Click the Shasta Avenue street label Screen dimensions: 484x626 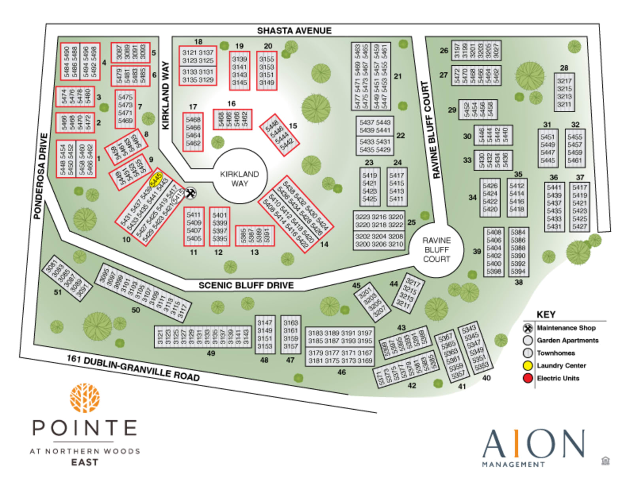coord(294,30)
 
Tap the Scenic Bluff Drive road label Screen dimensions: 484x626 coord(246,285)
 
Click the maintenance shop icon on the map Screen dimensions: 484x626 coord(190,193)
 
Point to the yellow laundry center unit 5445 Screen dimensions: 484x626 coord(156,180)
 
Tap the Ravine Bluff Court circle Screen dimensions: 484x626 coord(436,250)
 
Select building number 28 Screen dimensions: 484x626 coord(564,92)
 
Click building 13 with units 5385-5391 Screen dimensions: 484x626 coord(255,236)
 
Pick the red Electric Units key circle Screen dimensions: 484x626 coord(528,378)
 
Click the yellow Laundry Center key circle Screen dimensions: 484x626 coord(528,365)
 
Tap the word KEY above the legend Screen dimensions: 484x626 coord(546,314)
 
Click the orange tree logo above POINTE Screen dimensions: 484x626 coord(85,398)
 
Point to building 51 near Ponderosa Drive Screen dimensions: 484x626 coord(67,278)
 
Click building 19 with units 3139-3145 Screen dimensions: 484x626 coord(239,71)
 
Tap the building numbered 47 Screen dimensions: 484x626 coord(290,335)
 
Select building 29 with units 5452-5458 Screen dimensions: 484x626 coord(477,110)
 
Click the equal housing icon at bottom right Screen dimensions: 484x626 coord(605,461)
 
